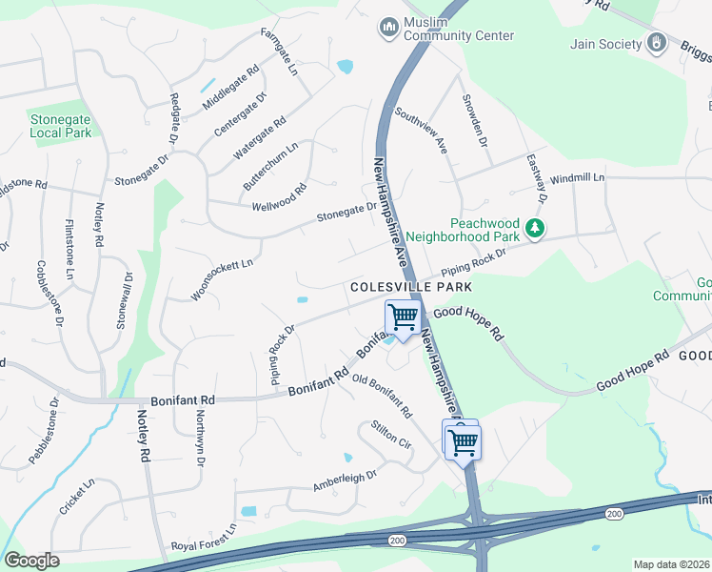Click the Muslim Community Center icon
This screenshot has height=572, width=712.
click(388, 29)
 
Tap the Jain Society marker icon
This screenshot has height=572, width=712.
click(657, 43)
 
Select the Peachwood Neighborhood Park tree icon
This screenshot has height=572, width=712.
click(535, 229)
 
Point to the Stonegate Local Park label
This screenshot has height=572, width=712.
click(60, 126)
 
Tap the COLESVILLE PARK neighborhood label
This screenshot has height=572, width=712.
click(411, 286)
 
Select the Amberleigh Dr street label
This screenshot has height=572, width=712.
click(345, 480)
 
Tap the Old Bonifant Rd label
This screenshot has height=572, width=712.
click(381, 397)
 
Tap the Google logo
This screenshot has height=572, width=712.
click(31, 560)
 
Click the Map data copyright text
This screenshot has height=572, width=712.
click(671, 564)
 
